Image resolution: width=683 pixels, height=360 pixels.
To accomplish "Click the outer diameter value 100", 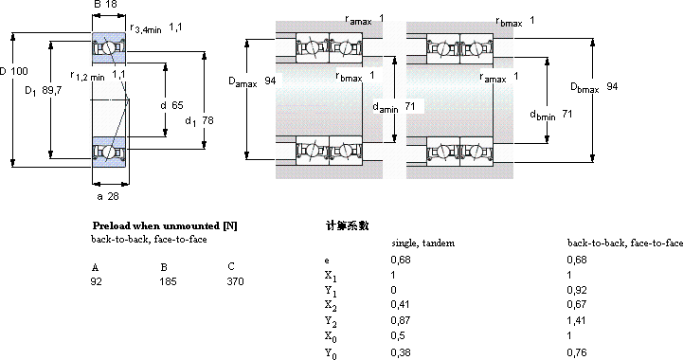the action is coord(18,71).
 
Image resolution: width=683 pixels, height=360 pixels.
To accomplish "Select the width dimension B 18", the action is coord(105,5).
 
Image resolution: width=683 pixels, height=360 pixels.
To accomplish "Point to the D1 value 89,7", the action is coord(52,91).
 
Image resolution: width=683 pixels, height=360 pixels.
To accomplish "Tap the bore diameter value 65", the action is coord(177,105).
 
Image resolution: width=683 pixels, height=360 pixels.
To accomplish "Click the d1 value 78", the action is coord(207,120).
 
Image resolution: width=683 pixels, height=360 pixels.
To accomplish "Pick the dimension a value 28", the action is coord(113,196).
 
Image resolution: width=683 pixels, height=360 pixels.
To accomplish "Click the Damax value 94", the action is coord(270,81).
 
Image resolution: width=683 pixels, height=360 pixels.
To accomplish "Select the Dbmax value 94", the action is coord(612,86).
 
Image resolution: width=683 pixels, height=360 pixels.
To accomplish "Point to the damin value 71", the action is coord(409,106).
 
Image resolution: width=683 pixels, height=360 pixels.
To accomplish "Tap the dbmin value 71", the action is coord(566,114).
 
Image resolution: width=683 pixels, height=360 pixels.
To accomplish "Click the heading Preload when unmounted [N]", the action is coord(165,225).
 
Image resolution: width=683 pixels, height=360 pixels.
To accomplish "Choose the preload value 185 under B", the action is coord(168,281).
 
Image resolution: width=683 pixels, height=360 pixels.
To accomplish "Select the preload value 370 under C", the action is coord(235,281).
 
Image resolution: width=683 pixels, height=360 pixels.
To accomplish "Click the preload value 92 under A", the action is coord(97,281).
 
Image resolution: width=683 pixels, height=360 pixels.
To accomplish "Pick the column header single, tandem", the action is coord(422,243).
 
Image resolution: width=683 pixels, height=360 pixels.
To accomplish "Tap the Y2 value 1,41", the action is coord(577,321).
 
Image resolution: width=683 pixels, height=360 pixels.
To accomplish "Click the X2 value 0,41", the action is coord(401,304).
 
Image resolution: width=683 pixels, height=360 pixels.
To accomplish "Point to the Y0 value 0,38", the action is coord(401,352).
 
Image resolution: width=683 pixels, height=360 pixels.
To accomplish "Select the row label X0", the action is coord(331,337).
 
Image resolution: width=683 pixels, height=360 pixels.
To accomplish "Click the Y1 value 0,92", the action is coord(577,290).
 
